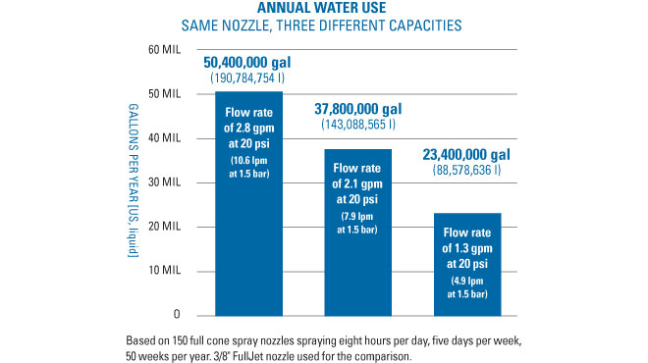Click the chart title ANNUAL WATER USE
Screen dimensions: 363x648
[x=323, y=9]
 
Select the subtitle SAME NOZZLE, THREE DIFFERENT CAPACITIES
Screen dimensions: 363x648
[x=323, y=26]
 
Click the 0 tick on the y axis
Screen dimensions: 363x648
[x=176, y=315]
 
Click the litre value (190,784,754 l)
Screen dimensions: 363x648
[x=247, y=78]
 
